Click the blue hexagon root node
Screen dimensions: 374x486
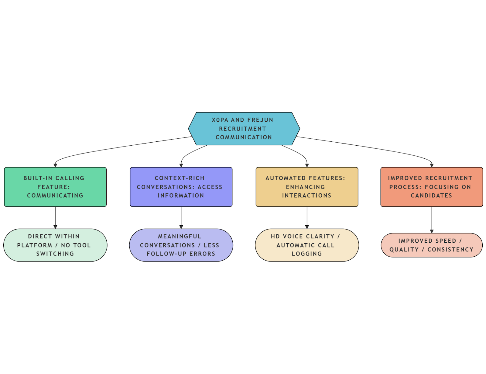[244, 129]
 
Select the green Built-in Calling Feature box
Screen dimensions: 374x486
[55, 187]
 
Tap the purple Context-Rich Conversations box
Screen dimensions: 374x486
[181, 187]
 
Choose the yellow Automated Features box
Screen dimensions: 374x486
[307, 187]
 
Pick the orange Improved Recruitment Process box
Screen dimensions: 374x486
[431, 187]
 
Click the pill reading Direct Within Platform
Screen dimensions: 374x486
[55, 245]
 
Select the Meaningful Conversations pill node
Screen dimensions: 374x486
[181, 245]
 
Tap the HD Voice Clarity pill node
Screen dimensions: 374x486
[307, 245]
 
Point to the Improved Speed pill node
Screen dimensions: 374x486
[431, 245]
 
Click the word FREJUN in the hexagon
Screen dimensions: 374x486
[260, 120]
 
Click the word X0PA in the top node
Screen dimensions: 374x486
[220, 120]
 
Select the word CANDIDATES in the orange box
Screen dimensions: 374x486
[431, 196]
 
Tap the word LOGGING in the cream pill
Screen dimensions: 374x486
[307, 254]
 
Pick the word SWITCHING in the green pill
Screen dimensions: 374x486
[55, 254]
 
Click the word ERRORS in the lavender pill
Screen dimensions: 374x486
[202, 254]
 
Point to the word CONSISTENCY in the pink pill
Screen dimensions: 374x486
[450, 250]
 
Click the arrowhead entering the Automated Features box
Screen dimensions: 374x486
[307, 165]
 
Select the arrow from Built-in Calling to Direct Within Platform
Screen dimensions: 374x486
[55, 217]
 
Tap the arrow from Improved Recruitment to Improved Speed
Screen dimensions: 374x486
[432, 220]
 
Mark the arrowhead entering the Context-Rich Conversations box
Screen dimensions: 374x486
[181, 165]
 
